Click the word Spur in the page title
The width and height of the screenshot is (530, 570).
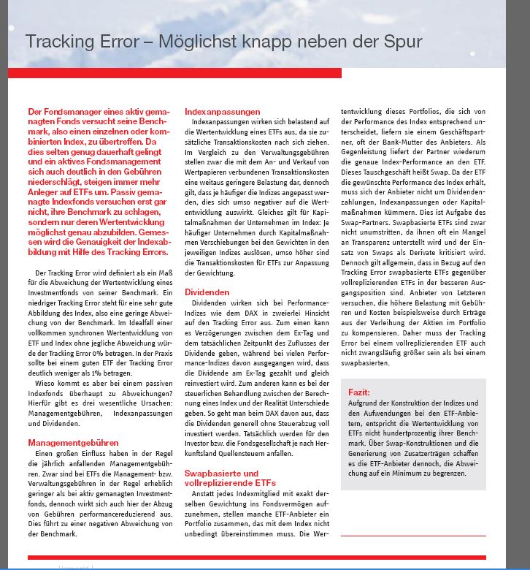click(403, 42)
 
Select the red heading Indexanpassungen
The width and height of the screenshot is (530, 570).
click(222, 112)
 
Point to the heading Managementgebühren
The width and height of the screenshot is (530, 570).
click(73, 443)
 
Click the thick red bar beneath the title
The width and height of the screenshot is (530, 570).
click(174, 73)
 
